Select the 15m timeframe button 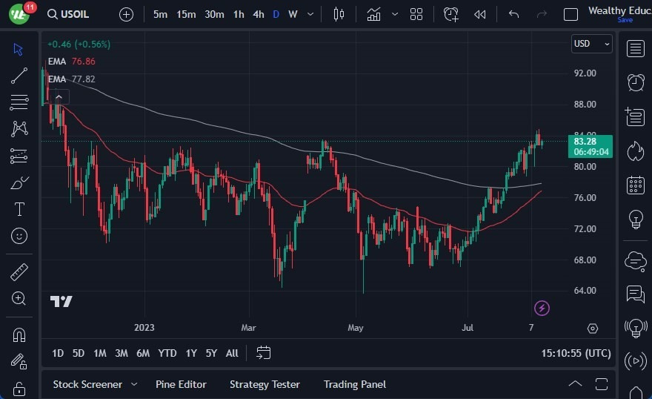click(186, 14)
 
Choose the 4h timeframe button click(258, 14)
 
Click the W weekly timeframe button click(293, 14)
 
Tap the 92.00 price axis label click(585, 73)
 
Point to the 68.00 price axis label click(585, 260)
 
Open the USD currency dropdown click(591, 44)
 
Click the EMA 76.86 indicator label click(71, 62)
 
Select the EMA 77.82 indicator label click(71, 79)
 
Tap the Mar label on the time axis click(247, 327)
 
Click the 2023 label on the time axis click(144, 327)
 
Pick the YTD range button click(167, 353)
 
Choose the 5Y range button click(211, 353)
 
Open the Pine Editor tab click(181, 384)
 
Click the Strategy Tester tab click(265, 384)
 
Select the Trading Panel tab click(354, 384)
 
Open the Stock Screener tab click(87, 384)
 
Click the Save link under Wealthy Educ click(625, 20)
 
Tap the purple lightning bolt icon click(542, 308)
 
